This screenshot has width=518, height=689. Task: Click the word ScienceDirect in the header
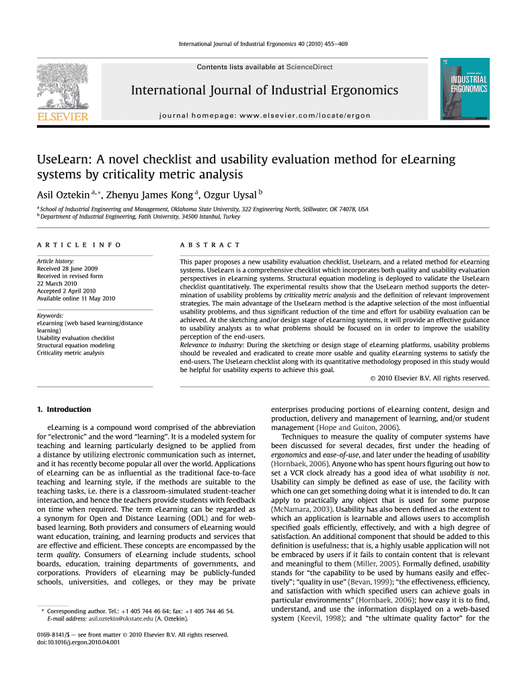click(309, 67)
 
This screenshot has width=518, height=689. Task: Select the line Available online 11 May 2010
click(76, 298)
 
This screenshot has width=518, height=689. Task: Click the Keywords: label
click(50, 316)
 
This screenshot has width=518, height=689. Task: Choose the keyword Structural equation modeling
click(76, 345)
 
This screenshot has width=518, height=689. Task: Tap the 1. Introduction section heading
click(64, 409)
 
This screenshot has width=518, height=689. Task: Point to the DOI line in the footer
click(77, 642)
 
